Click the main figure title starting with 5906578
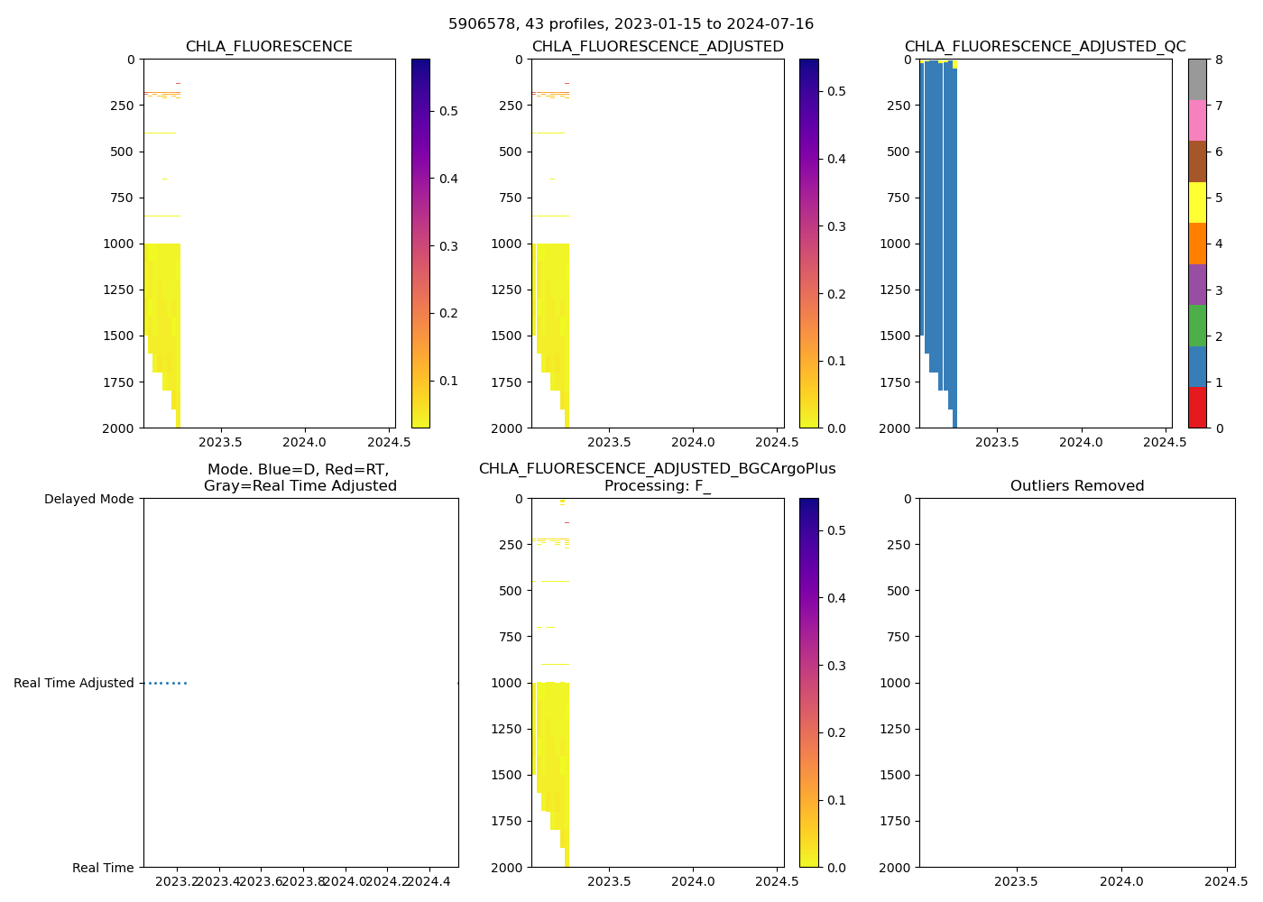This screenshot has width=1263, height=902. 631,24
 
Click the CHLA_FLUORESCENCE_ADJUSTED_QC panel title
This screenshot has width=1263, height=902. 1045,47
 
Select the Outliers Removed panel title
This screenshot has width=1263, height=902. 1077,486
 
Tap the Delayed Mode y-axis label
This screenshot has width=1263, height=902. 88,499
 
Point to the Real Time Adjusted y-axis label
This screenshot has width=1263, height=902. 74,683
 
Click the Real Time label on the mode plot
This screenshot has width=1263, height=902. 103,868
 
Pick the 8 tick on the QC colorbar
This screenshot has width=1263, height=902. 1220,60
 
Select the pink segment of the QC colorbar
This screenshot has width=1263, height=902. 1197,120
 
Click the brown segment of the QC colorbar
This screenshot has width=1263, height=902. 1197,161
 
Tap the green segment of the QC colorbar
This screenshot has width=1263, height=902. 1197,325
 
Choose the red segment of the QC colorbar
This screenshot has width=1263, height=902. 1197,407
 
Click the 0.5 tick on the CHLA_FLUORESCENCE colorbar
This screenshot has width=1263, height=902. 448,111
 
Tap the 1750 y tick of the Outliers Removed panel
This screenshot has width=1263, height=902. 893,821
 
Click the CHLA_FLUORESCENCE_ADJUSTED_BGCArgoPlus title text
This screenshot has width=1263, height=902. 657,469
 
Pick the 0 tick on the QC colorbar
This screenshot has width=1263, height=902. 1220,428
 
